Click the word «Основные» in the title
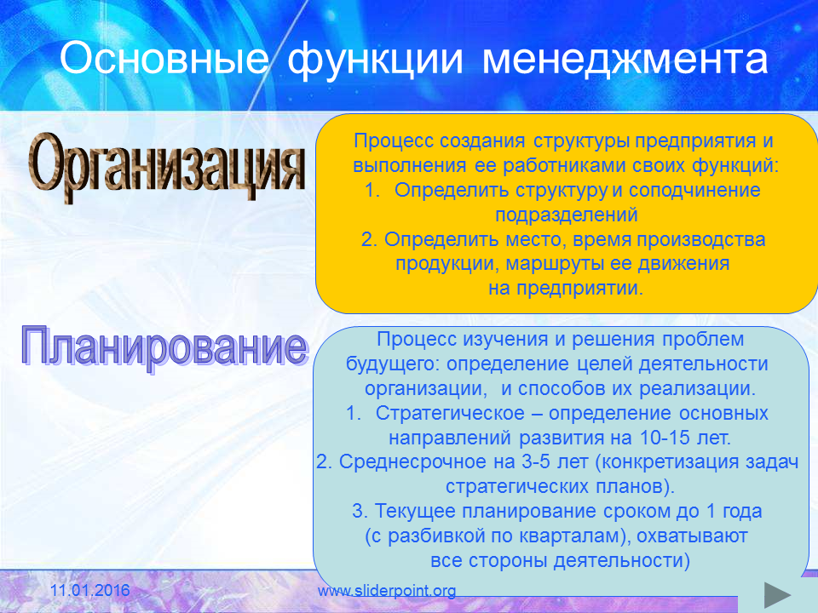point(164,58)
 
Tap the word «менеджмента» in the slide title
point(625,60)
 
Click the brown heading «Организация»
point(166,167)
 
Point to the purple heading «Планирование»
point(164,347)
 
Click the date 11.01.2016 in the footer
point(90,590)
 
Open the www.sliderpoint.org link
point(387,591)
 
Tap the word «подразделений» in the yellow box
point(567,215)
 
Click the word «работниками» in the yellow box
point(564,166)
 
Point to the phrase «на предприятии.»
point(566,289)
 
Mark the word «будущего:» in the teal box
point(394,364)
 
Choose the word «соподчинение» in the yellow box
point(694,190)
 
